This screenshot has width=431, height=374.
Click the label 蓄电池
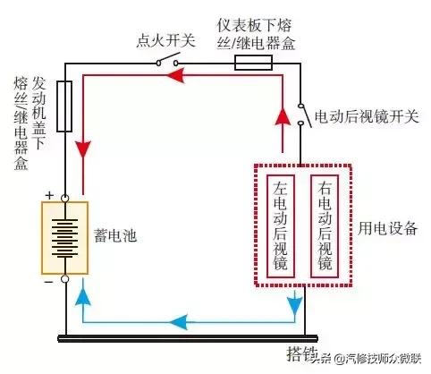click(x=114, y=238)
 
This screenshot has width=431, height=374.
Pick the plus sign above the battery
click(x=48, y=195)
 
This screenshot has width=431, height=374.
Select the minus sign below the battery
click(x=48, y=280)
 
